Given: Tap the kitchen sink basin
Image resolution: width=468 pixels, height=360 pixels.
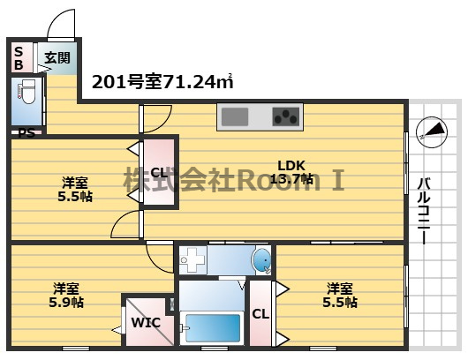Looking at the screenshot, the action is pyautogui.click(x=235, y=116).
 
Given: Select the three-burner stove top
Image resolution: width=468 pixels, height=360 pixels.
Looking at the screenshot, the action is pyautogui.click(x=285, y=116).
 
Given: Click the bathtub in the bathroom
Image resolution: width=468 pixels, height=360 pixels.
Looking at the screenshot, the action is pyautogui.click(x=213, y=328).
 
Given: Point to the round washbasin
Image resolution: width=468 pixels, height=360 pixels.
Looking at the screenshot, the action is pyautogui.click(x=261, y=260).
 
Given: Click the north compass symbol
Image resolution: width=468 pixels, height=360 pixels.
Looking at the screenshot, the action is pyautogui.click(x=432, y=131).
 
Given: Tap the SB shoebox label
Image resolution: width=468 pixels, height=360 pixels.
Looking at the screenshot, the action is pyautogui.click(x=19, y=58).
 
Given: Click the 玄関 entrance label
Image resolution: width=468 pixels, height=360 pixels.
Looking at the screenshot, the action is pyautogui.click(x=57, y=58).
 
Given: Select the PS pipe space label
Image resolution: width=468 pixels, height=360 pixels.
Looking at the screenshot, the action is pyautogui.click(x=26, y=132).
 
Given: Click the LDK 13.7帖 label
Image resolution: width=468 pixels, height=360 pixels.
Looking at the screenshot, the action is pyautogui.click(x=291, y=172).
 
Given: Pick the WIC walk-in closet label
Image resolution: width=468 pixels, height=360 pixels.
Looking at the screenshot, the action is pyautogui.click(x=147, y=322).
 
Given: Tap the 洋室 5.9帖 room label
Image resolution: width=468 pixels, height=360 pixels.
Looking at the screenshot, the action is pyautogui.click(x=66, y=295).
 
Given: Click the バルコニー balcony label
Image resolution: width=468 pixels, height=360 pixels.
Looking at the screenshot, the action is pyautogui.click(x=424, y=211).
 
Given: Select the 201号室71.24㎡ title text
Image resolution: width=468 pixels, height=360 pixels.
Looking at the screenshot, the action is pyautogui.click(x=162, y=81).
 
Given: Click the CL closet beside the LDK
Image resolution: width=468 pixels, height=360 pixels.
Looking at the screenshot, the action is pyautogui.click(x=159, y=172).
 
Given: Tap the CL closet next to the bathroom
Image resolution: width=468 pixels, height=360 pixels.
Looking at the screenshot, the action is pyautogui.click(x=260, y=313).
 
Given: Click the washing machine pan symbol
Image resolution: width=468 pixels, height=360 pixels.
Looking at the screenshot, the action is pyautogui.click(x=192, y=260).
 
